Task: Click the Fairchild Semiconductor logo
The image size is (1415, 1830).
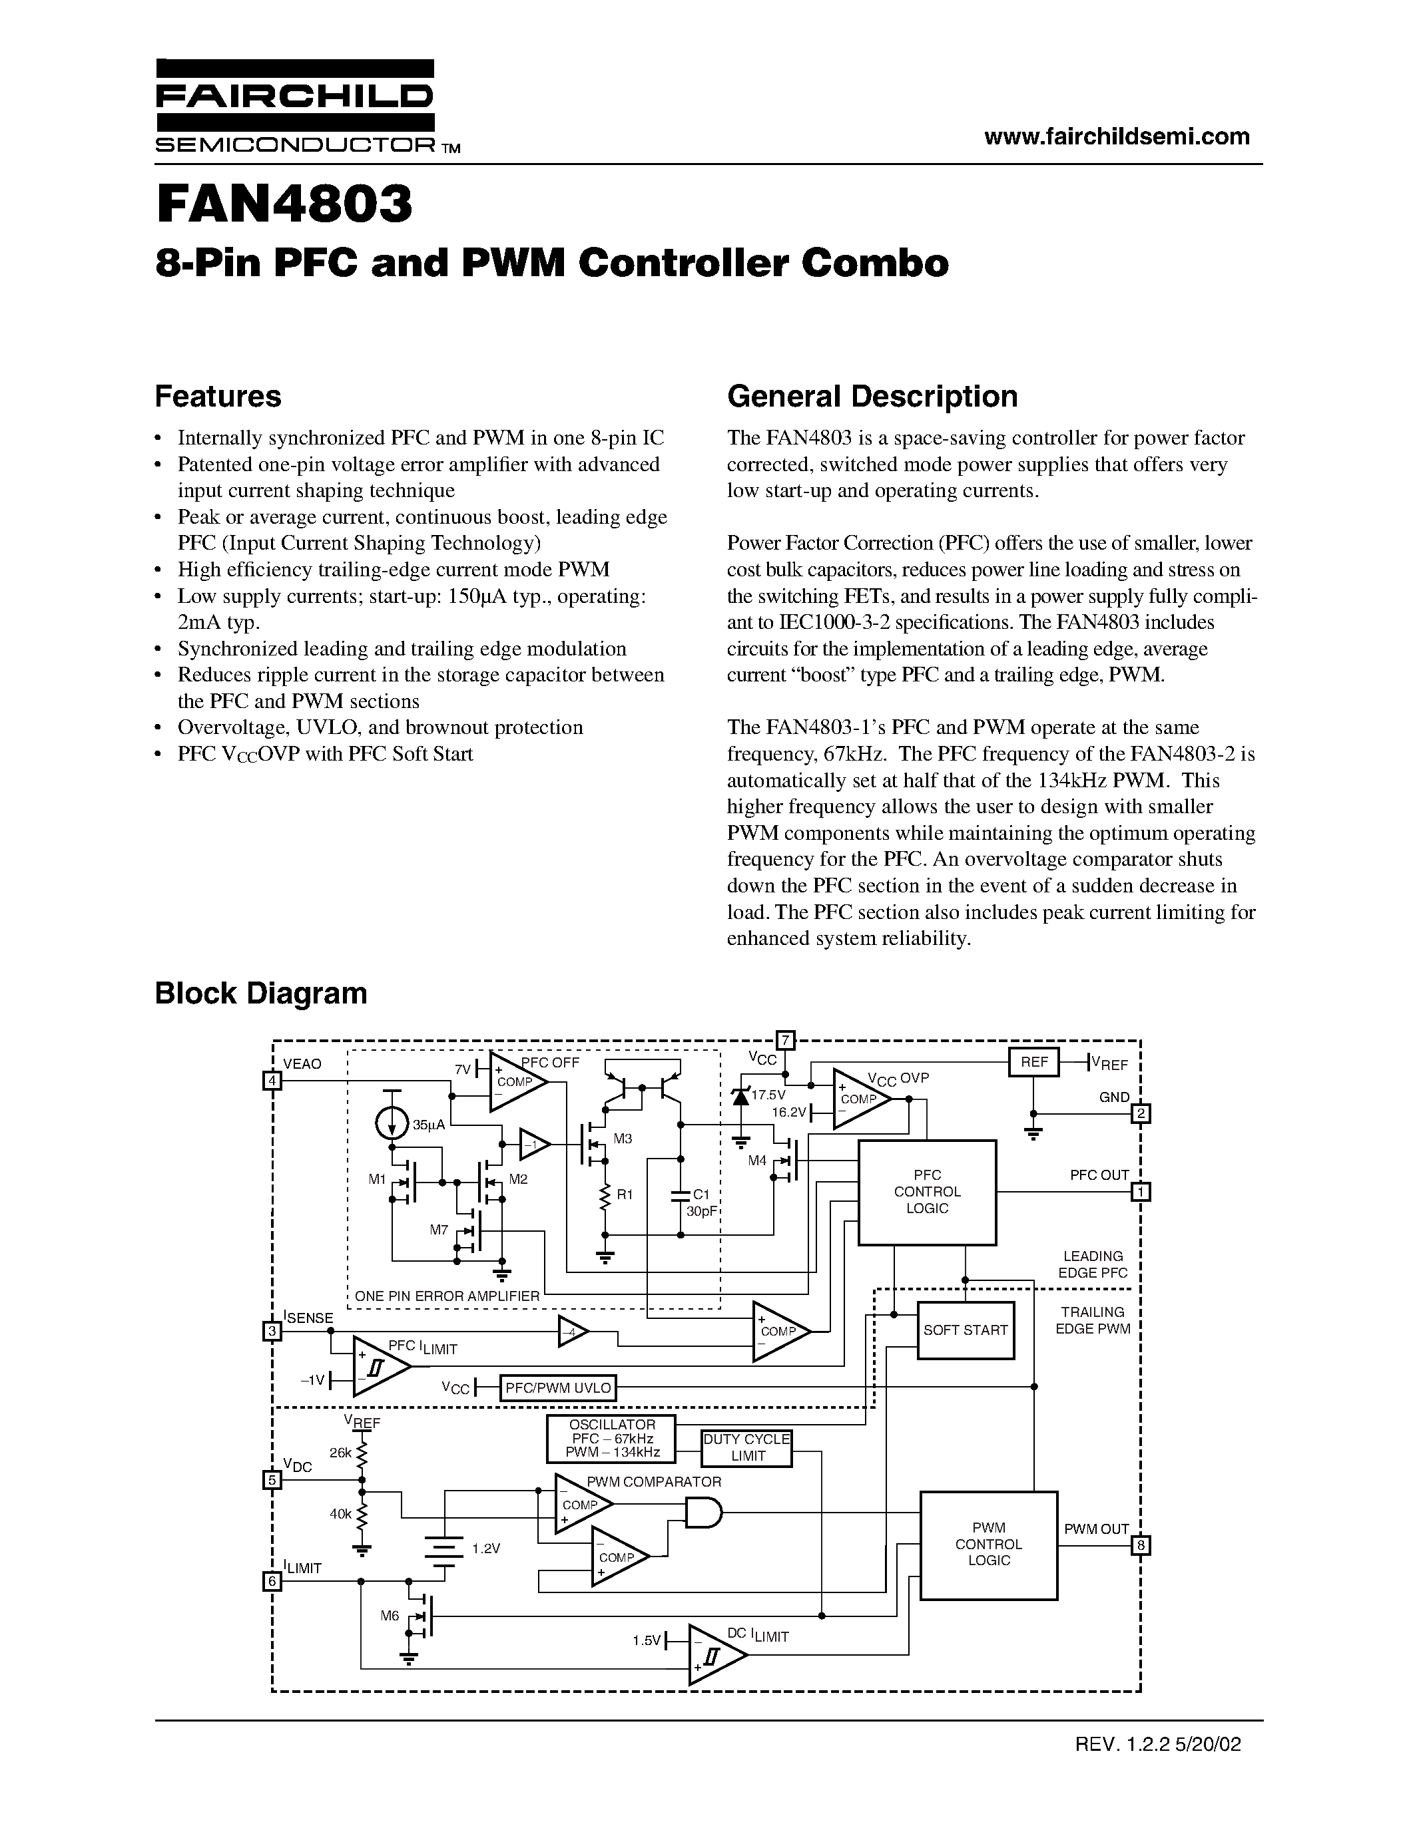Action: point(294,106)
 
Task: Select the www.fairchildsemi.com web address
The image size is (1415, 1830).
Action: point(1117,136)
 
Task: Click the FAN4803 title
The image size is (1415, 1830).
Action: point(284,205)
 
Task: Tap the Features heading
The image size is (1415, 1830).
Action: point(218,397)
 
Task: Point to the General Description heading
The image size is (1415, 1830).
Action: point(872,397)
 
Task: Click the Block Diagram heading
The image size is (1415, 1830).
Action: point(261,993)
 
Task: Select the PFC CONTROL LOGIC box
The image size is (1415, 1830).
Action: point(926,1192)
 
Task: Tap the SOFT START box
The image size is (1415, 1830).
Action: point(965,1330)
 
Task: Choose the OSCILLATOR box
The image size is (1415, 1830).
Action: point(611,1438)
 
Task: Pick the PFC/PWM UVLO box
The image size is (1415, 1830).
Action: point(558,1387)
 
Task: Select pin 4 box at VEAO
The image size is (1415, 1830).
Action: point(272,1081)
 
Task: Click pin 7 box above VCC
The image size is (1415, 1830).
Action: point(786,1041)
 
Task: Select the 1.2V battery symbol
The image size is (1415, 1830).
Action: point(445,1549)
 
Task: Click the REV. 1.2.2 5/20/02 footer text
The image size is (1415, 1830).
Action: point(1158,1745)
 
